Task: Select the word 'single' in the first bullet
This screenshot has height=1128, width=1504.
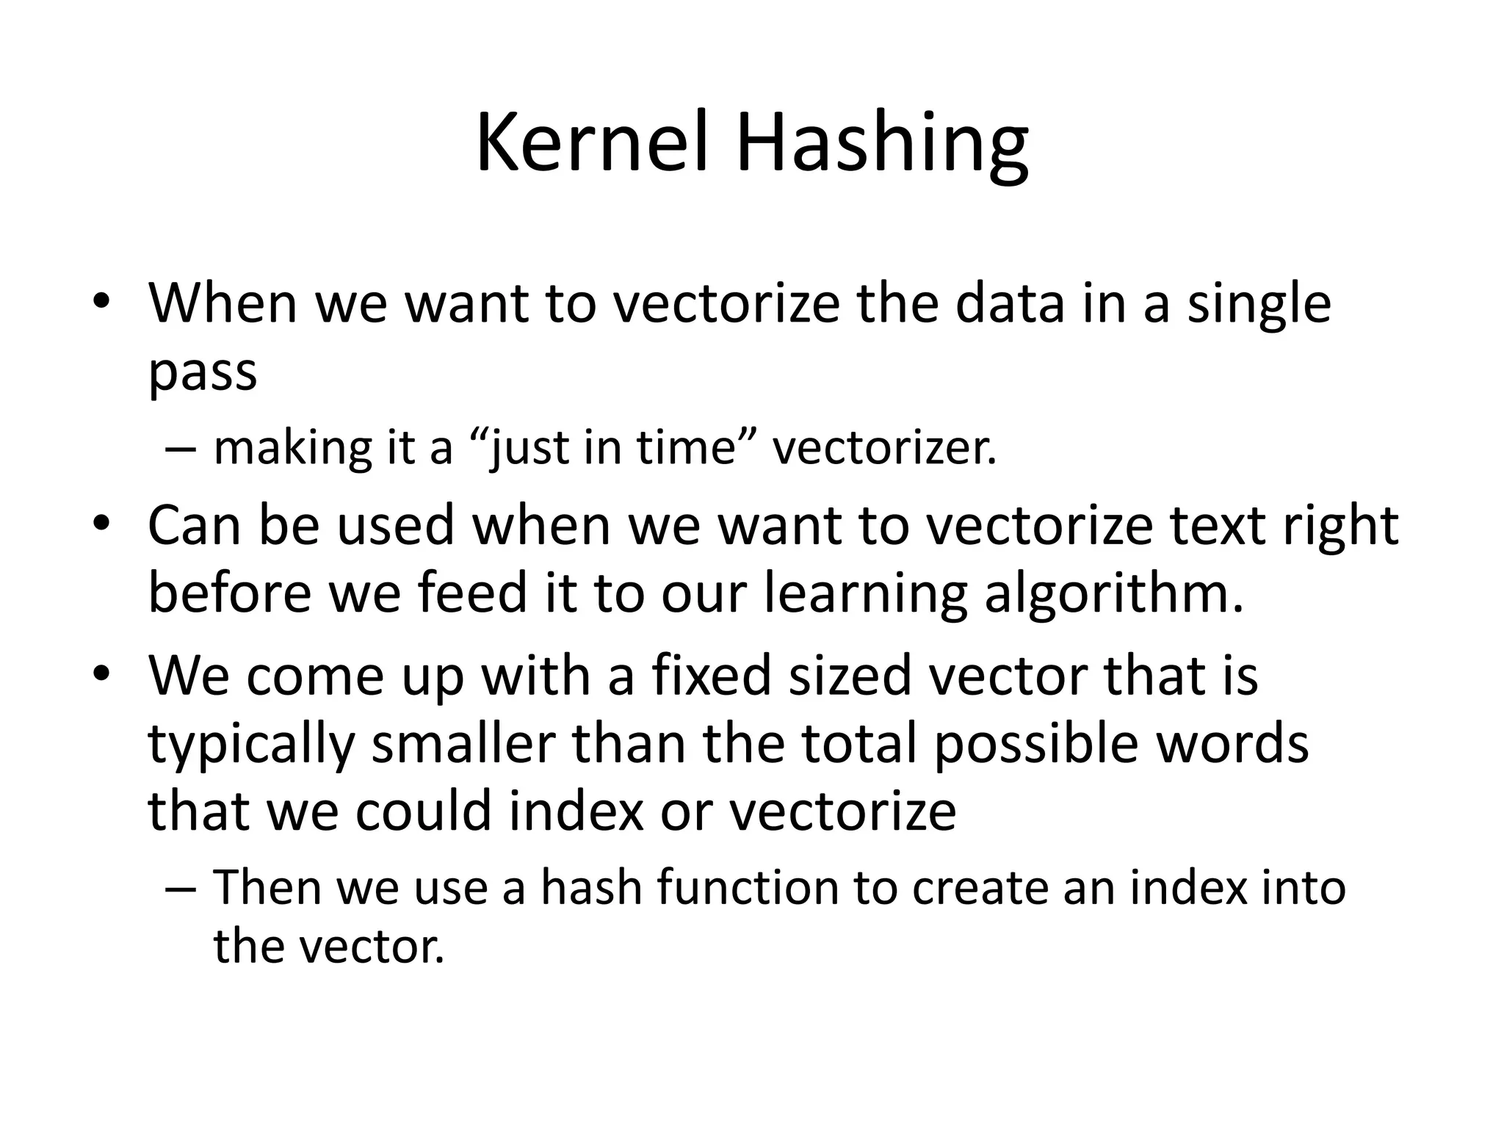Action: coord(1259,305)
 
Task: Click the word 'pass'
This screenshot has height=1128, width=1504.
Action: coord(203,373)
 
